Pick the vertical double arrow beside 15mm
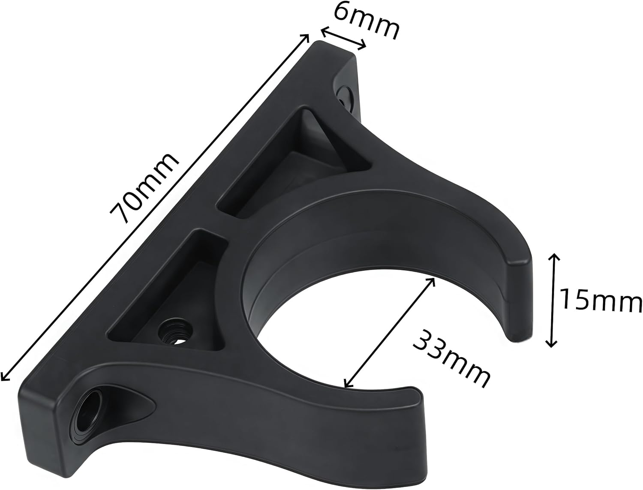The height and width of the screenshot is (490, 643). click(x=553, y=300)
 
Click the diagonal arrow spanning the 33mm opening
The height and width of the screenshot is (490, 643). click(x=390, y=332)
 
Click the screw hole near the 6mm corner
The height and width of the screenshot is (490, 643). click(x=344, y=96)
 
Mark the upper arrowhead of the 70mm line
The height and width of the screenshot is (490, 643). click(x=306, y=36)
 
